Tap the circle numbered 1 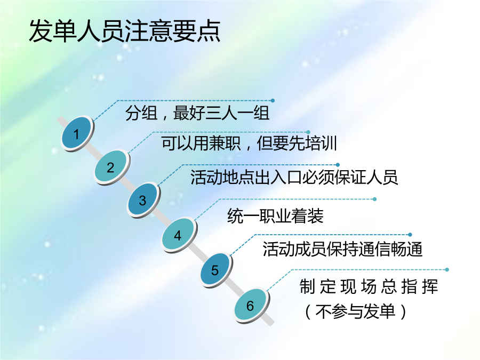77,134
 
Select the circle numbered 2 111,167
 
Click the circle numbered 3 143,200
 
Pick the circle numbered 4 179,235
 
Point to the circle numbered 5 215,270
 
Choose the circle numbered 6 251,305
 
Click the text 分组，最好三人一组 197,113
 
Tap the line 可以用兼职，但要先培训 249,143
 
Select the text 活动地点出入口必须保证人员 294,177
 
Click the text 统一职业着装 275,215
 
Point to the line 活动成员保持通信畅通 342,249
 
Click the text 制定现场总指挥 369,286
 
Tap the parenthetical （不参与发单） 355,311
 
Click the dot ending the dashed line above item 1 273,100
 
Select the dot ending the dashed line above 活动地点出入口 338,165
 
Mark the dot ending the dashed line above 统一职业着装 375,199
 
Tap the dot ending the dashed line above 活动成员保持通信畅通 410,235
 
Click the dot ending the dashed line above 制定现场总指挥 447,270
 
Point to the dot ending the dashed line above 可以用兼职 308,132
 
